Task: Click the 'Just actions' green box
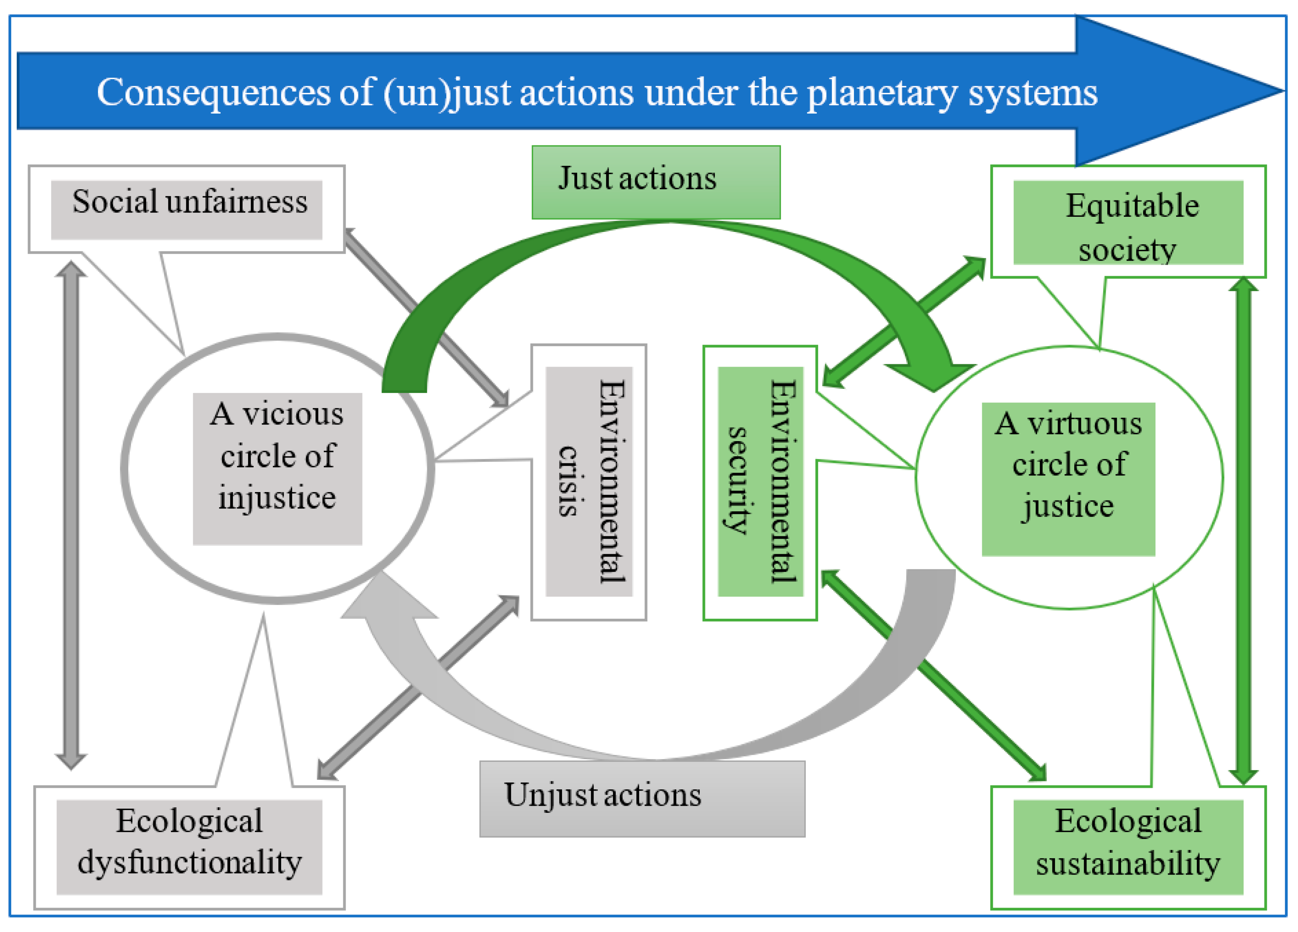(656, 182)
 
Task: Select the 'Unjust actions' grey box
(642, 799)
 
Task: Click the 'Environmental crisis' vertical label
(589, 482)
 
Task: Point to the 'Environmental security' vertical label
(761, 482)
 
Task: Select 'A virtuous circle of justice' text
(1069, 465)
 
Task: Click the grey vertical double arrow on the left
(71, 515)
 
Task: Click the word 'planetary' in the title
(882, 93)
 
